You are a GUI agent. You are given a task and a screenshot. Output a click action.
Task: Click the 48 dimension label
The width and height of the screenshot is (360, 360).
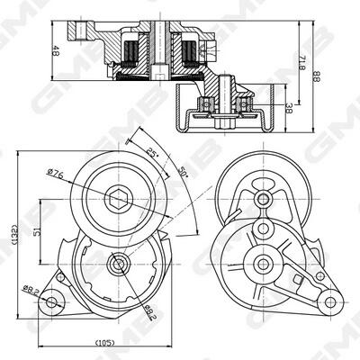[x=56, y=50]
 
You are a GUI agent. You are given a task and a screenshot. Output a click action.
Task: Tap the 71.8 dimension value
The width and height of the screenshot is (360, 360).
[x=302, y=62]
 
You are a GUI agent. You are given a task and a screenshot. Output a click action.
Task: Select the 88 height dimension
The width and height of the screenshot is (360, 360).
[x=316, y=76]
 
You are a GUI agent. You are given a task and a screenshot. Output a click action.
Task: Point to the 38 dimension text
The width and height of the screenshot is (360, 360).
[x=289, y=108]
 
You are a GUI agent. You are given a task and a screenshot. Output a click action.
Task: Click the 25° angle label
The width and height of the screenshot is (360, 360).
[x=152, y=154]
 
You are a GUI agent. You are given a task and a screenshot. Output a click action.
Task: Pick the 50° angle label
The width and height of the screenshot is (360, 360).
[x=182, y=172]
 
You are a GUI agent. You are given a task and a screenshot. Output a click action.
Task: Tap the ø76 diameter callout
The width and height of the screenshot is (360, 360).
[x=56, y=173]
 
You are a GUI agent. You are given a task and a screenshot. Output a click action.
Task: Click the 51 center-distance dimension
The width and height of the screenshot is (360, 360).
[x=37, y=231]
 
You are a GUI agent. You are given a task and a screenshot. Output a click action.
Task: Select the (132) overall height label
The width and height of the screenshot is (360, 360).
[x=15, y=235]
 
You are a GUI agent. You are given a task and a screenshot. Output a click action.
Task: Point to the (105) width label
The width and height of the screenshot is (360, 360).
[x=104, y=342]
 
